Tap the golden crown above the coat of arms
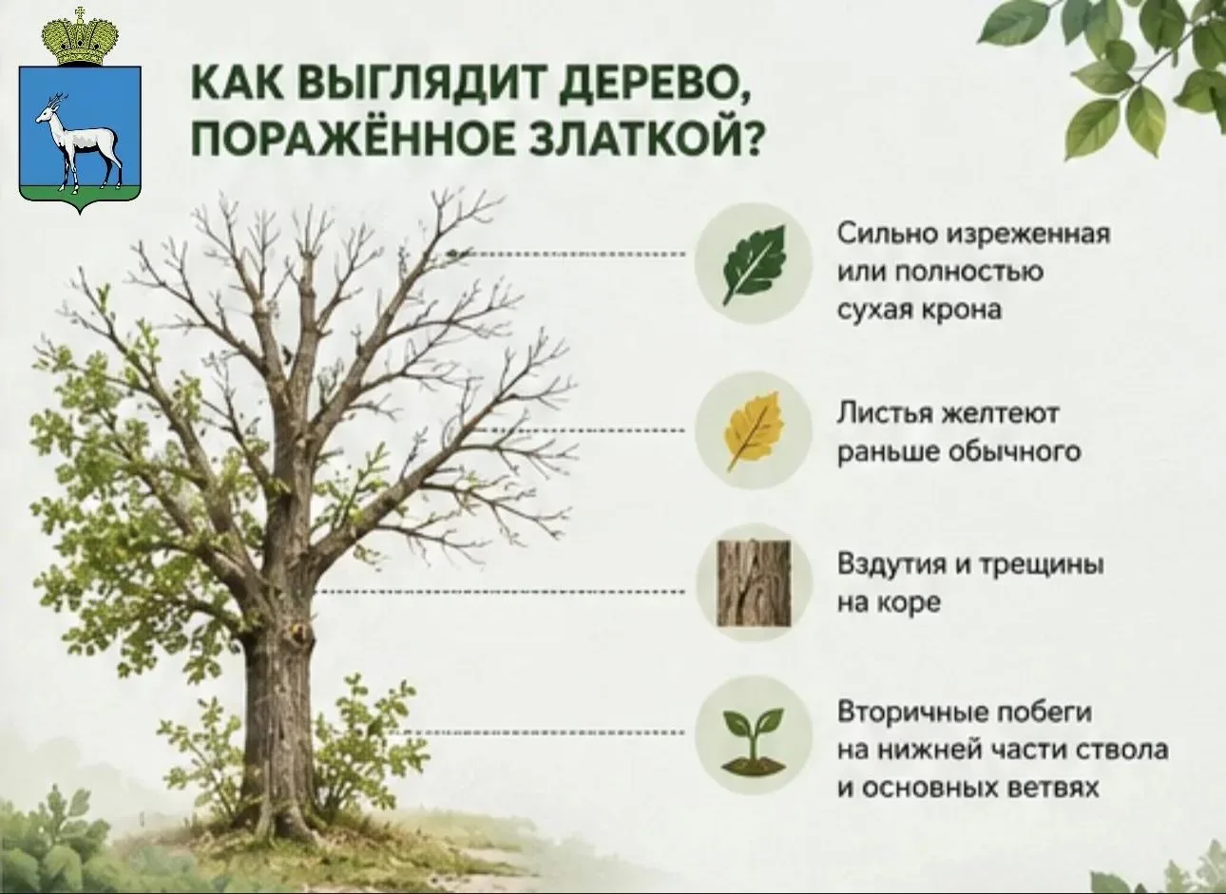[x=80, y=37]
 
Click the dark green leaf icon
[x=754, y=264]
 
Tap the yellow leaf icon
[x=754, y=430]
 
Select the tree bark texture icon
[x=754, y=583]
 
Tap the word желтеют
[x=1000, y=413]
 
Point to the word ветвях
[x=1051, y=789]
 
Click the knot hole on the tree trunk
[x=299, y=634]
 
